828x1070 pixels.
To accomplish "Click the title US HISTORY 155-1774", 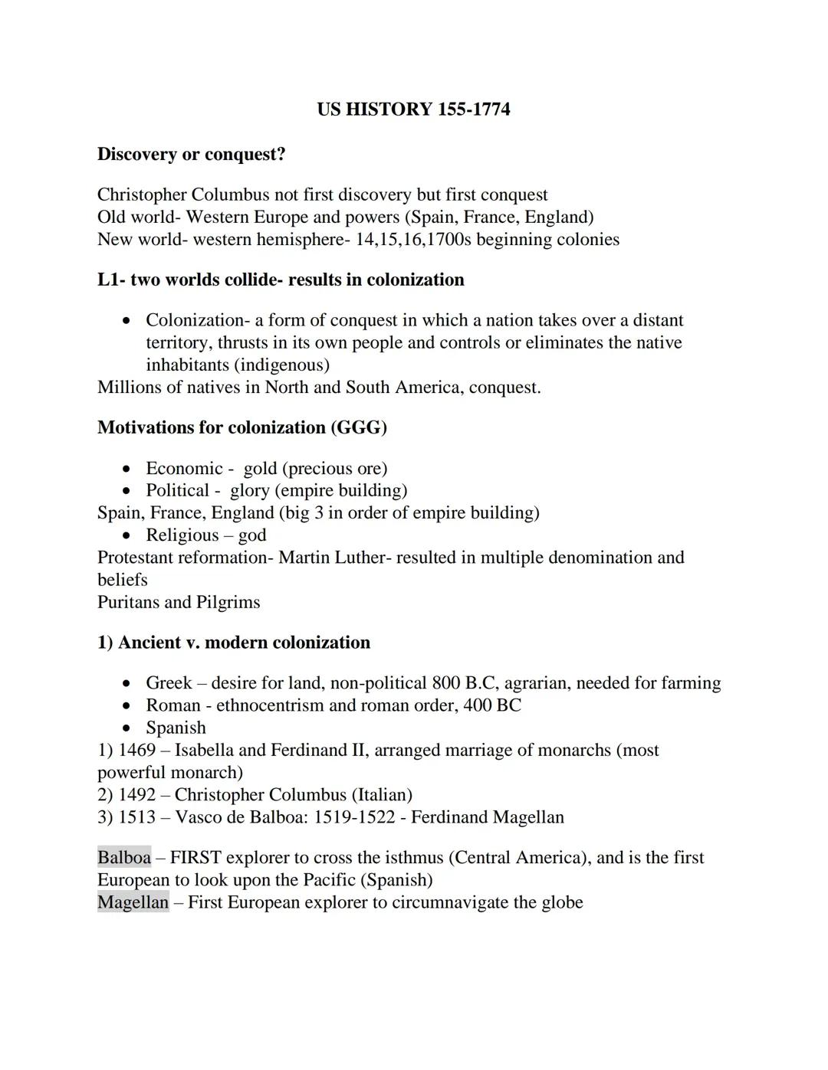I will (x=413, y=110).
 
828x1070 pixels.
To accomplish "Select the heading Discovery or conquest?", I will (x=191, y=154).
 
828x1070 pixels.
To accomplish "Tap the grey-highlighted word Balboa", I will (x=124, y=858).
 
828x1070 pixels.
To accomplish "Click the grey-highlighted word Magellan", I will (x=133, y=902).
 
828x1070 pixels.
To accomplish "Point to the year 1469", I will (x=136, y=750).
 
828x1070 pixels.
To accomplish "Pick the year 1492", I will (x=136, y=794).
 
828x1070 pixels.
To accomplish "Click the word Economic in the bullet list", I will (x=184, y=468).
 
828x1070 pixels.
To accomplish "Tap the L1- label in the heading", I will (x=111, y=280).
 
